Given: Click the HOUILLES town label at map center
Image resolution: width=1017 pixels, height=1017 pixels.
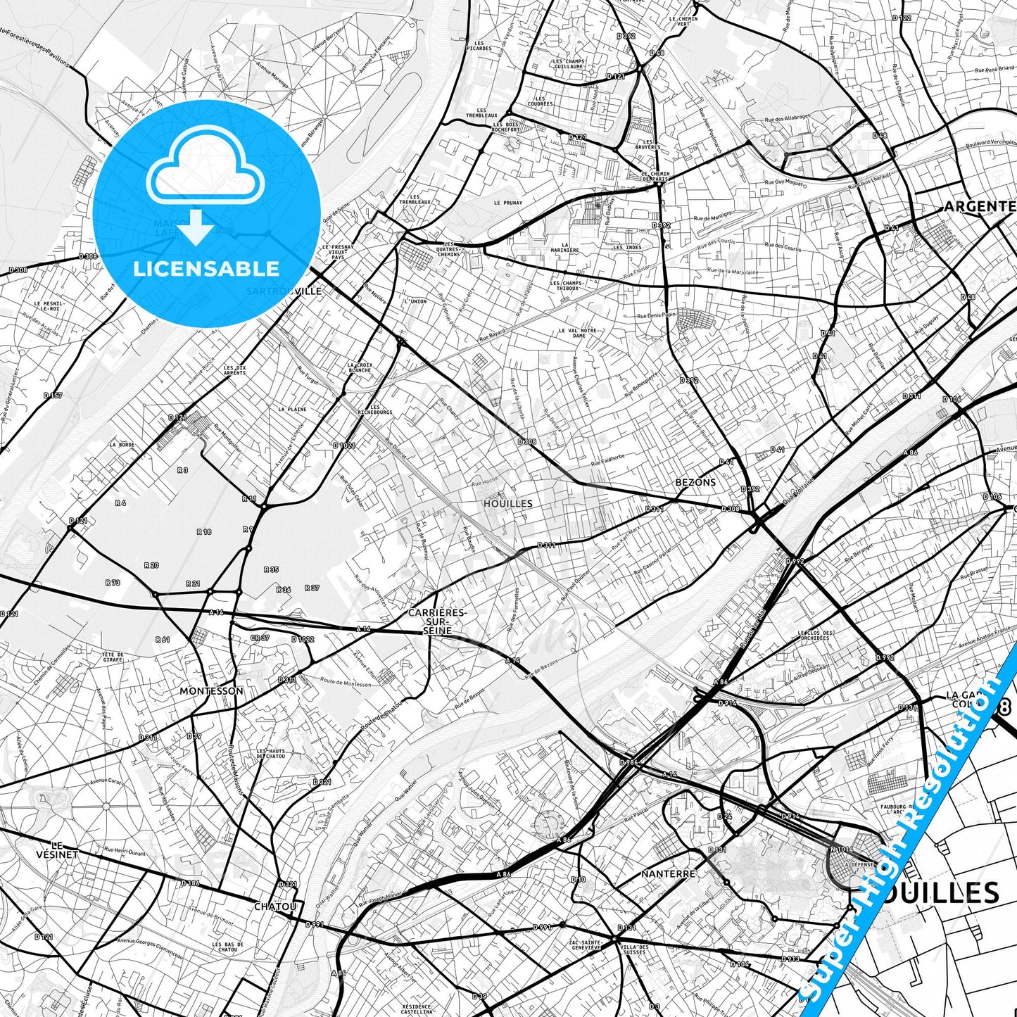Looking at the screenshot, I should (507, 504).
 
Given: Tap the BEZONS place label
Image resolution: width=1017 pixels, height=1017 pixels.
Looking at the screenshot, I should (695, 483).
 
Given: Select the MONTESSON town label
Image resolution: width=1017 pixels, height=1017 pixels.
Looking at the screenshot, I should (211, 691).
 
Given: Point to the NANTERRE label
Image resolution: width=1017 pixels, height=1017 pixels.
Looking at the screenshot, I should (668, 873).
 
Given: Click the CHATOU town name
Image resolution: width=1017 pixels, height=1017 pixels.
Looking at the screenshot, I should (275, 907).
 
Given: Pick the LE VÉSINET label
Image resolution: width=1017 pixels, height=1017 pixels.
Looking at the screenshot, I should (57, 849).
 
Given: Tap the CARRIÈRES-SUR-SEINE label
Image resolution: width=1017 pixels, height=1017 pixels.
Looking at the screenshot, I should (437, 621).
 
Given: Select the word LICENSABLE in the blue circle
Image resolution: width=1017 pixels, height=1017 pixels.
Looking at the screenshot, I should (206, 268).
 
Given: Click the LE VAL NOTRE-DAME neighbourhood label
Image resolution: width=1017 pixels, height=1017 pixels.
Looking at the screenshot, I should (579, 333).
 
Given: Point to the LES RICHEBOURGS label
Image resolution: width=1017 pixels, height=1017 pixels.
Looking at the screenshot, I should (374, 409).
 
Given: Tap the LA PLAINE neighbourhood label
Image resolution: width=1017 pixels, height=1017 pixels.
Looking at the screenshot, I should (292, 409).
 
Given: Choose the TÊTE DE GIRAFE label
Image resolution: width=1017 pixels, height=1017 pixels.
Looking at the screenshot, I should (113, 657).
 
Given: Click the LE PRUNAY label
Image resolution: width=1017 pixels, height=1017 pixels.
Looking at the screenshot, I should (508, 203).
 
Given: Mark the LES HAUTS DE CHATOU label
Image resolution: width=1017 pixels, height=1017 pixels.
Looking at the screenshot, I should (271, 754).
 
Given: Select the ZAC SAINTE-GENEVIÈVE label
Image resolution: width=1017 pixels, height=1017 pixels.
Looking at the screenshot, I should (586, 945).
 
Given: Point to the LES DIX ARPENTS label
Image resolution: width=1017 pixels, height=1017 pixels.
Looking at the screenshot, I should (235, 370).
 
